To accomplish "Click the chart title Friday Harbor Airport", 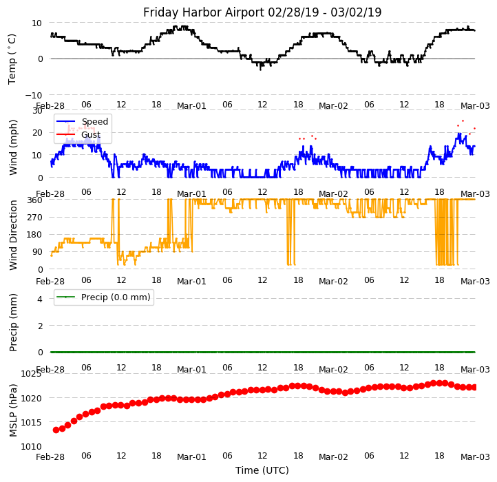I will click(262, 12).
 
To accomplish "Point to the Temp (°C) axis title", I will click(12, 59).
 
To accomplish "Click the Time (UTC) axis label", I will click(262, 470).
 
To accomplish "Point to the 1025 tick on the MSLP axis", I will click(30, 374).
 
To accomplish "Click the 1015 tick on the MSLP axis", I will click(30, 422).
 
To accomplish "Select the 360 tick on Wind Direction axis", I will click(34, 200).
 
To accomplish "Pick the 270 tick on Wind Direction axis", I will click(34, 218).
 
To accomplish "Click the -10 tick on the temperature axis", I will click(34, 95).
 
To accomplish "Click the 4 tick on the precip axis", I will click(40, 299).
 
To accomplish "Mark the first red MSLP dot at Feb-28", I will click(56, 430).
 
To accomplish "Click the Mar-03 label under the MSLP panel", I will click(475, 457).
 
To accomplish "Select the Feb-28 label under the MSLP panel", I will click(50, 457).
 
